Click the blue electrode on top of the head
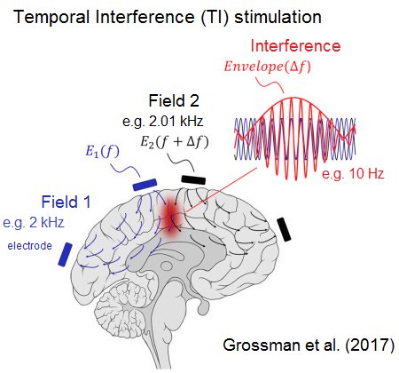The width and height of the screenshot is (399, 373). point(143,184)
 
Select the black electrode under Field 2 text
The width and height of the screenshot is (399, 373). point(192,179)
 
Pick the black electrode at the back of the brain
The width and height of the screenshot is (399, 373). point(284,229)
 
